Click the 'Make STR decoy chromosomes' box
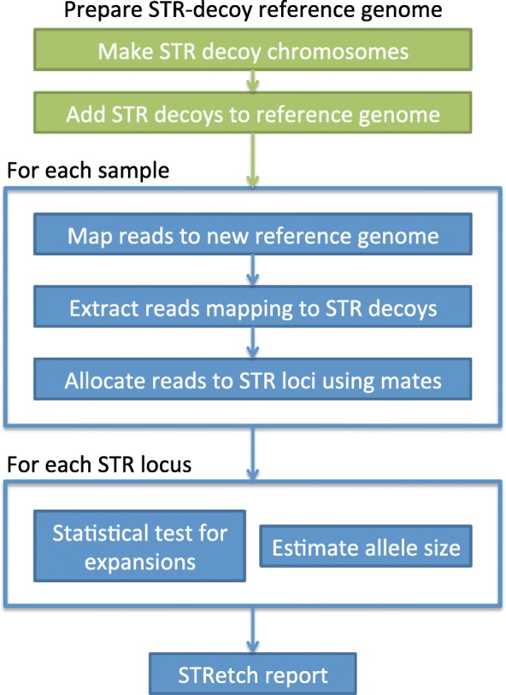(x=253, y=51)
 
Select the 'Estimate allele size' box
(x=365, y=549)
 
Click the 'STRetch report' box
(x=253, y=675)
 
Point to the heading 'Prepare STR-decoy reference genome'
(x=253, y=13)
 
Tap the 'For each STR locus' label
(x=95, y=466)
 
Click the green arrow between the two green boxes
(x=253, y=83)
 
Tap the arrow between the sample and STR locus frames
(x=253, y=453)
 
